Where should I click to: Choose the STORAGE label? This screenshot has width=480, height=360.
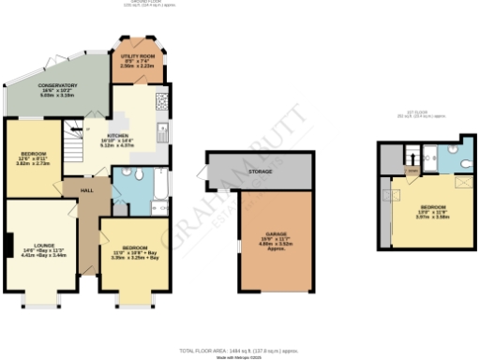pos(261,172)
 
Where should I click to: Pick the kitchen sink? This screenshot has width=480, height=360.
pos(161,130)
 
